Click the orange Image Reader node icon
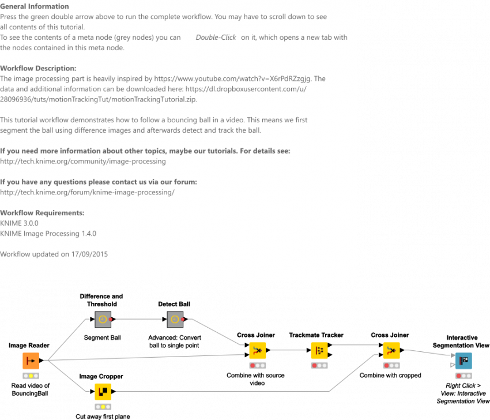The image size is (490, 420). (31, 361)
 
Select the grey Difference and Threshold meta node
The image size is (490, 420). (103, 319)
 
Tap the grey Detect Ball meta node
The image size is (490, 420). (175, 319)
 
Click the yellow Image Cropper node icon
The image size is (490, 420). (103, 392)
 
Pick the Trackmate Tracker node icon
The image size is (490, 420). (319, 350)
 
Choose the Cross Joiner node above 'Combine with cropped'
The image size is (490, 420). (391, 350)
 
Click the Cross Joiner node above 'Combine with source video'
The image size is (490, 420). (258, 350)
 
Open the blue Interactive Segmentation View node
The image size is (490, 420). (463, 361)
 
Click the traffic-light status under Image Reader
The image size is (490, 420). (31, 376)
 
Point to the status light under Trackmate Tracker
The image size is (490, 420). (319, 365)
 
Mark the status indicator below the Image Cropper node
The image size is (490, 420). (103, 407)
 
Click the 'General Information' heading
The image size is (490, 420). (35, 6)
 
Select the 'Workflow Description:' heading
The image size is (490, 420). (38, 68)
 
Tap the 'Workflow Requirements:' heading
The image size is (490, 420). (42, 213)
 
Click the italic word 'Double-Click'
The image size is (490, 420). (216, 37)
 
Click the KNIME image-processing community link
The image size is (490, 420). (83, 162)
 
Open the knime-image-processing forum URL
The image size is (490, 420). (87, 192)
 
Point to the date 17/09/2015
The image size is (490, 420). (89, 254)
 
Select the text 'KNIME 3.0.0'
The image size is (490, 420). (19, 223)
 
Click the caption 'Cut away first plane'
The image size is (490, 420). (103, 417)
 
